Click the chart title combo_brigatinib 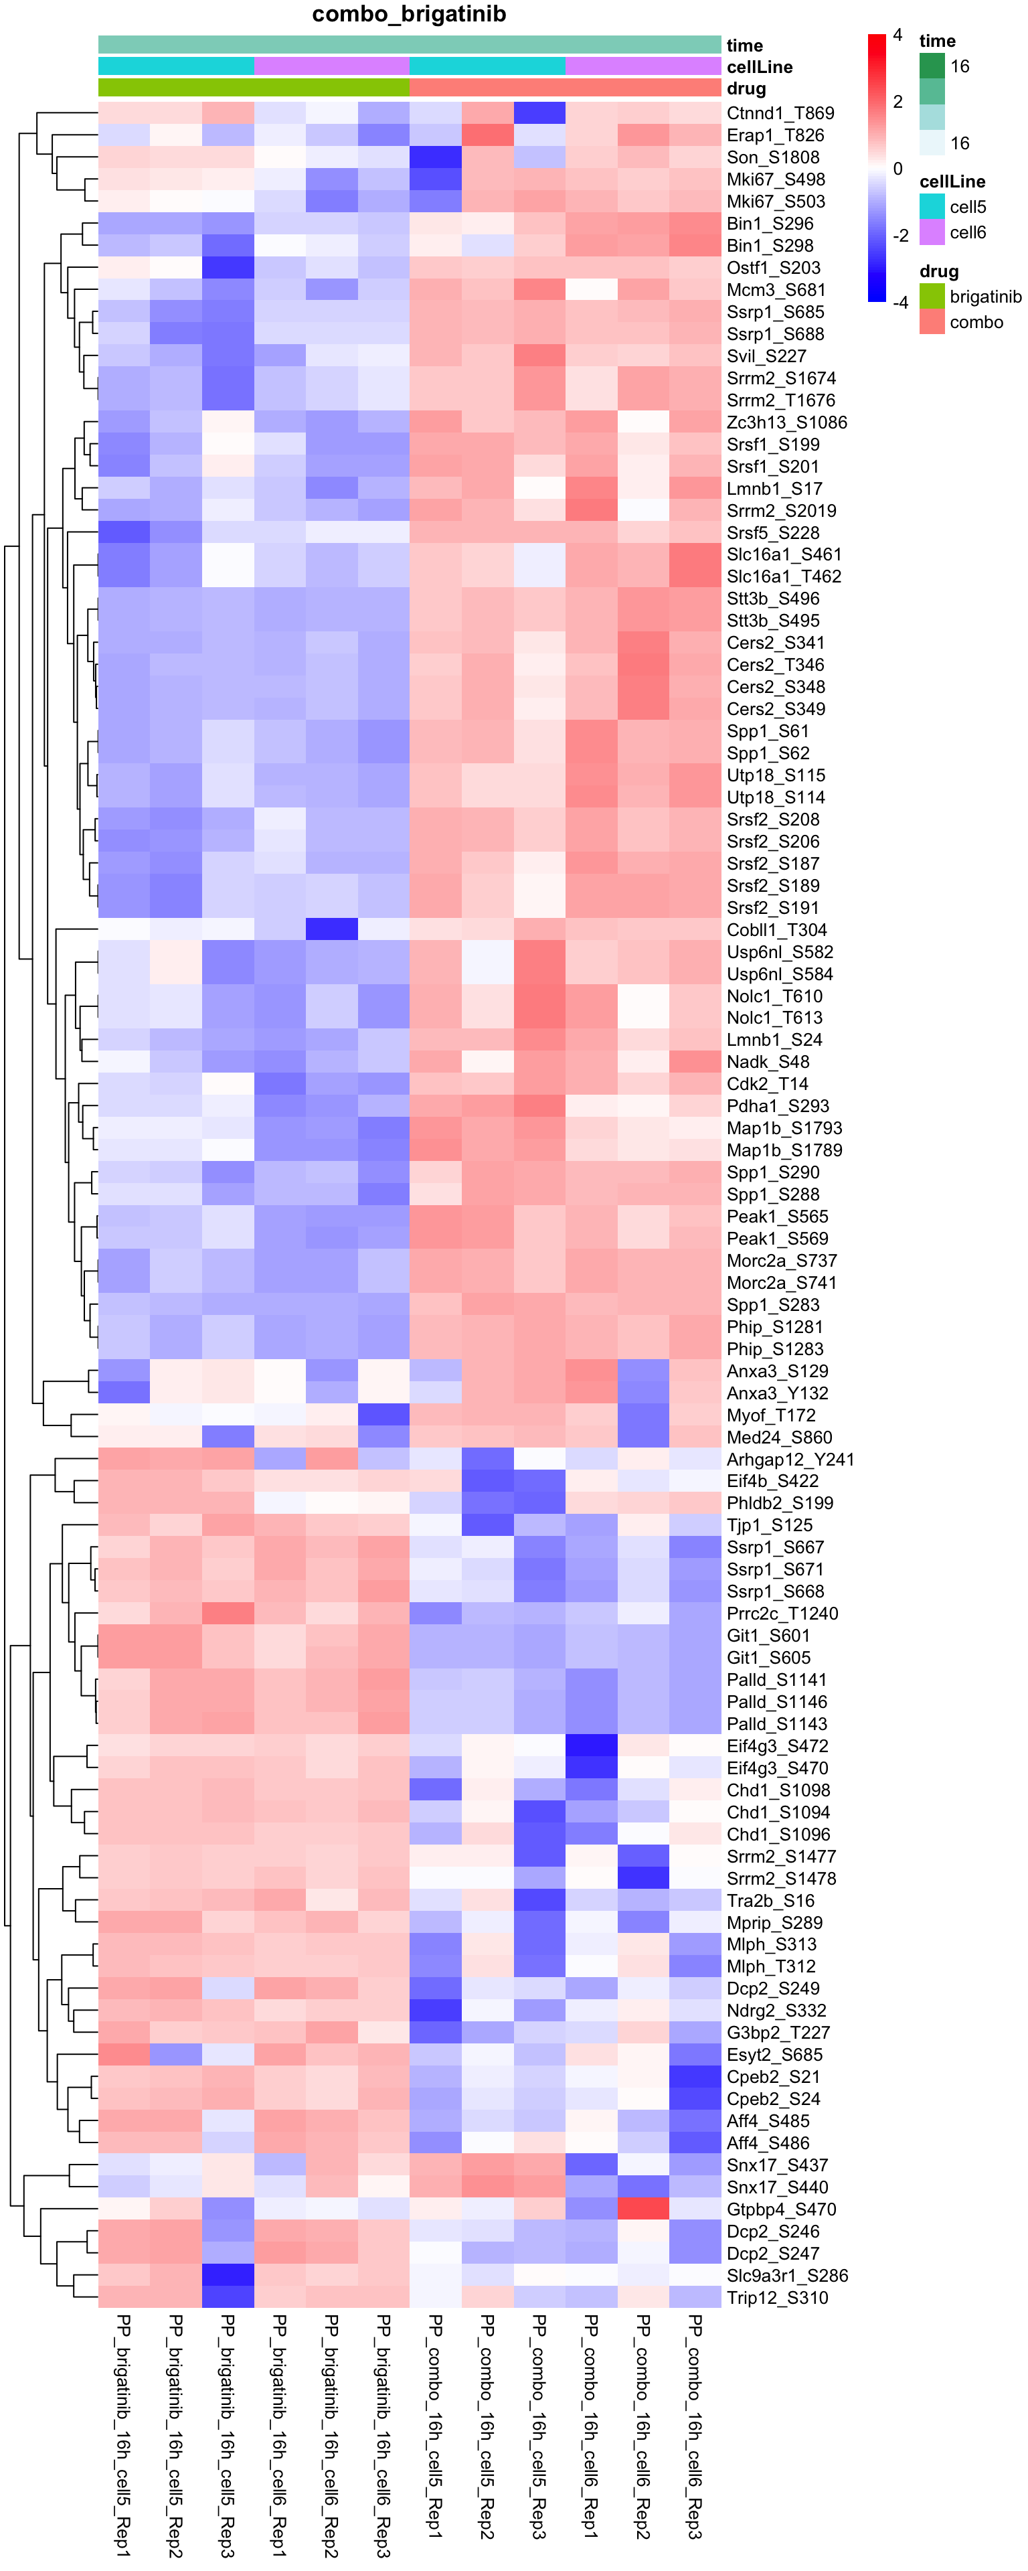tap(409, 14)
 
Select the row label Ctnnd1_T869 tap(780, 112)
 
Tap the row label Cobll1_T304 tap(776, 930)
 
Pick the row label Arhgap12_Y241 tap(790, 1459)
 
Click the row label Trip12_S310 tap(776, 2298)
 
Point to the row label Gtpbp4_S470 tap(780, 2209)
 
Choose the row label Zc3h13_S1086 tap(786, 422)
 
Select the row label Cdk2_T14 tap(766, 1084)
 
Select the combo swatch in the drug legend tap(931, 322)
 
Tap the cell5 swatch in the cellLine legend tap(931, 207)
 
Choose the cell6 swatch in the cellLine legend tap(931, 232)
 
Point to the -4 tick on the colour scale tap(900, 303)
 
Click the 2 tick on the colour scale tap(897, 102)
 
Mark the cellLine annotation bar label tap(758, 67)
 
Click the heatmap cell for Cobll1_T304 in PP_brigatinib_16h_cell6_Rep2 tap(331, 930)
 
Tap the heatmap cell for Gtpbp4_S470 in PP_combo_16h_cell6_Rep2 tap(642, 2209)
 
